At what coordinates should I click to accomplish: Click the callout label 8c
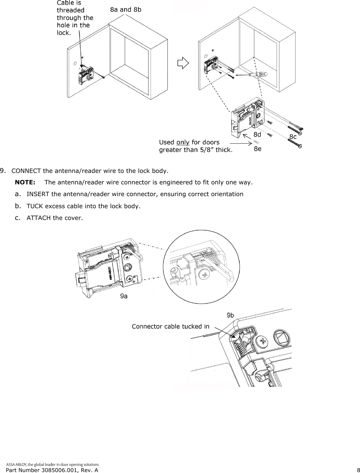coord(293,136)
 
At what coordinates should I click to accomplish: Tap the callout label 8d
coord(257,134)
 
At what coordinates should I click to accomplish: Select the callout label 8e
coord(257,148)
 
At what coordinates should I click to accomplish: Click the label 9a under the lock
coord(124,296)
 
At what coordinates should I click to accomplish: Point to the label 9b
coord(230,315)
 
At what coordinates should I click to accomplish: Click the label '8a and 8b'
coord(126,9)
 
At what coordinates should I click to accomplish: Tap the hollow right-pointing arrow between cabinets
coord(183,63)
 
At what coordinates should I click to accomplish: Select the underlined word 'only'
coord(183,142)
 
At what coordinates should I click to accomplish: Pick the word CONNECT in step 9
coord(26,171)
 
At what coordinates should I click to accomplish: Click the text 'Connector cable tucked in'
coord(171,326)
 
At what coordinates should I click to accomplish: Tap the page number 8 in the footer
coord(358,470)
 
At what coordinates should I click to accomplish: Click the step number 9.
coord(4,171)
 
